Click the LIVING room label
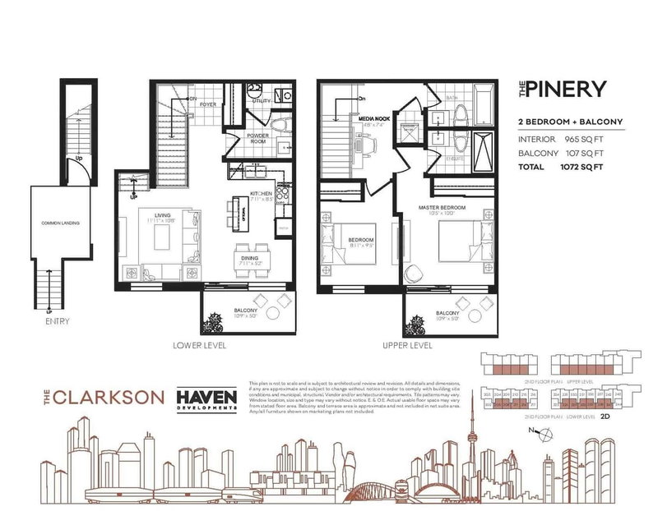149,215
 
